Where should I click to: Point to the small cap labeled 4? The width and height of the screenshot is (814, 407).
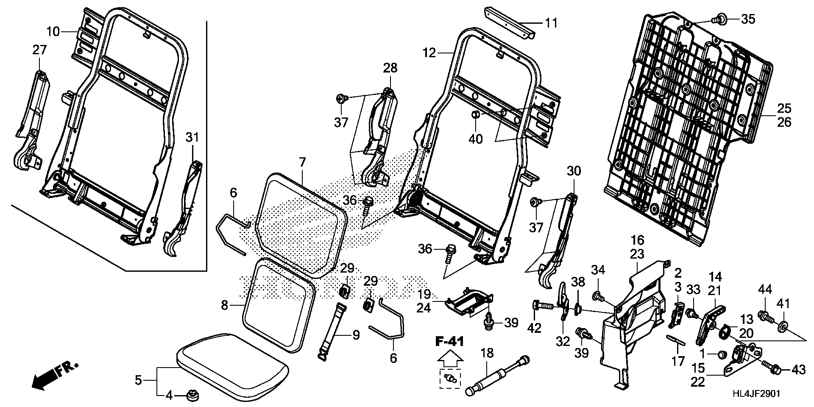pos(193,396)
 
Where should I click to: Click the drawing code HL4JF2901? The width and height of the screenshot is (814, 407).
pos(755,393)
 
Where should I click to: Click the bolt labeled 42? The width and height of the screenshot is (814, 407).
pos(542,305)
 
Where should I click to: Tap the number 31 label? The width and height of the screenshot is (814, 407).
pos(192,137)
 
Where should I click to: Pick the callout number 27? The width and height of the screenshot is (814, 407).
pos(39,50)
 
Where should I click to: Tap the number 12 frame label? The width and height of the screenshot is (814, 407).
pos(429,53)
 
